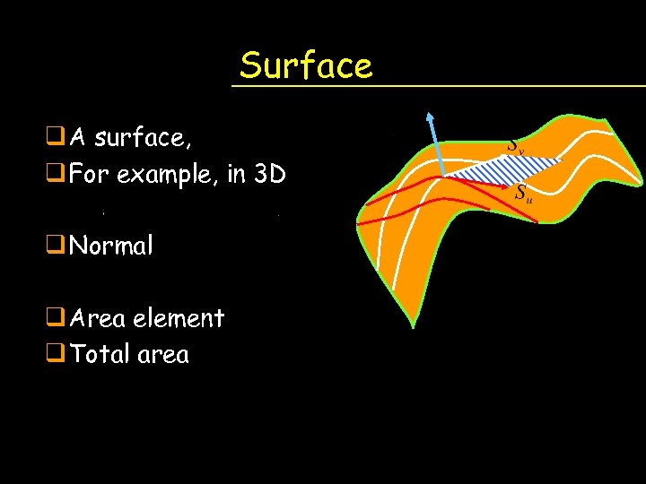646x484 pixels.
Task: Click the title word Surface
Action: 305,65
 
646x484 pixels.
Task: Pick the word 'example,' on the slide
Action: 165,174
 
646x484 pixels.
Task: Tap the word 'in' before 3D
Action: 237,173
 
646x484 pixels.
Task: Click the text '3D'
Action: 270,173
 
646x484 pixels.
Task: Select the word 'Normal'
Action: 111,245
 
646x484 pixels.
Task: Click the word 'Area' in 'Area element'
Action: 96,318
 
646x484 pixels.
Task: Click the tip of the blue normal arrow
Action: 430,116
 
